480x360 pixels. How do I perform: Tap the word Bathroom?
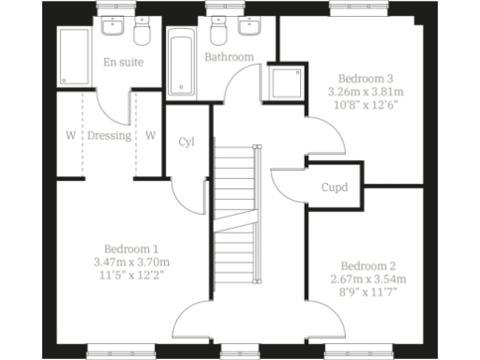pyautogui.click(x=229, y=57)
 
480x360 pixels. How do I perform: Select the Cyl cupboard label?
pyautogui.click(x=187, y=142)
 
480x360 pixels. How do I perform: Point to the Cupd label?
pyautogui.click(x=335, y=187)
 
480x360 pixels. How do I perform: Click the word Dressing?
pyautogui.click(x=110, y=135)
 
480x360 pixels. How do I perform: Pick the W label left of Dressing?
pyautogui.click(x=70, y=135)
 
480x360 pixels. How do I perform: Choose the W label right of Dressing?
pyautogui.click(x=150, y=135)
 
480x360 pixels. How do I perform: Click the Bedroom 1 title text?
pyautogui.click(x=129, y=247)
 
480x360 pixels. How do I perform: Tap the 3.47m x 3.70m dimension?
pyautogui.click(x=129, y=262)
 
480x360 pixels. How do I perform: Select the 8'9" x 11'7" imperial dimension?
pyautogui.click(x=367, y=292)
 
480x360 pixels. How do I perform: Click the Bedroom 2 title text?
pyautogui.click(x=367, y=264)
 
